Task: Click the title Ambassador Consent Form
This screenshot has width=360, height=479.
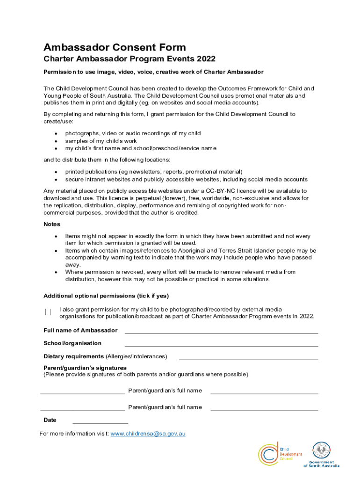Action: click(x=115, y=47)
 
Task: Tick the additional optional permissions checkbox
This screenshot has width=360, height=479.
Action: click(x=48, y=312)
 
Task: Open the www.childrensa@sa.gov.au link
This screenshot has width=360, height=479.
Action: click(x=148, y=434)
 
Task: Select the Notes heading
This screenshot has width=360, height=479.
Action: click(x=52, y=225)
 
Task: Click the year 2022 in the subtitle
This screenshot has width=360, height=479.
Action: click(x=206, y=59)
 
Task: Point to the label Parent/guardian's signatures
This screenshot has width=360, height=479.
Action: click(x=85, y=368)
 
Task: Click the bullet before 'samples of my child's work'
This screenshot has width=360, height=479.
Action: click(x=56, y=141)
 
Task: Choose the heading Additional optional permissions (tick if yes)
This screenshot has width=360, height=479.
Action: click(x=106, y=296)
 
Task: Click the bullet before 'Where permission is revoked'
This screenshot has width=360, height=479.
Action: click(x=56, y=272)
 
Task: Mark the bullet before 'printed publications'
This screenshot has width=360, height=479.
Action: click(x=56, y=172)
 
